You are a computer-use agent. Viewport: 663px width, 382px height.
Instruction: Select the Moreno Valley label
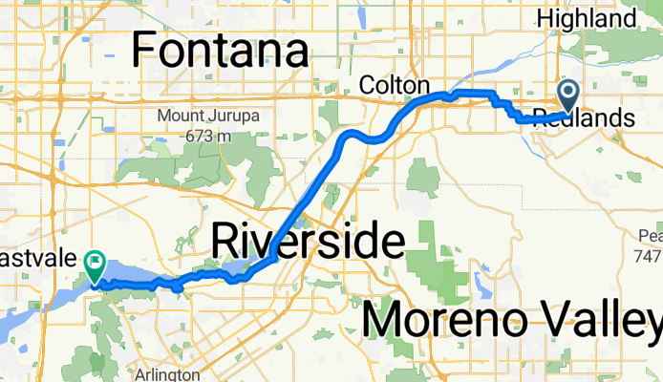(511, 320)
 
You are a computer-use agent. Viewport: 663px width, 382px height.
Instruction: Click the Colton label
(394, 86)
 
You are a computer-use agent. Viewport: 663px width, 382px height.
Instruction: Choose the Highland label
(600, 17)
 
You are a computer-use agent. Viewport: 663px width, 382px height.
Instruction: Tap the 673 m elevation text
(210, 136)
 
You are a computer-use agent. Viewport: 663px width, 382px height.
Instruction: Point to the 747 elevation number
(650, 256)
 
